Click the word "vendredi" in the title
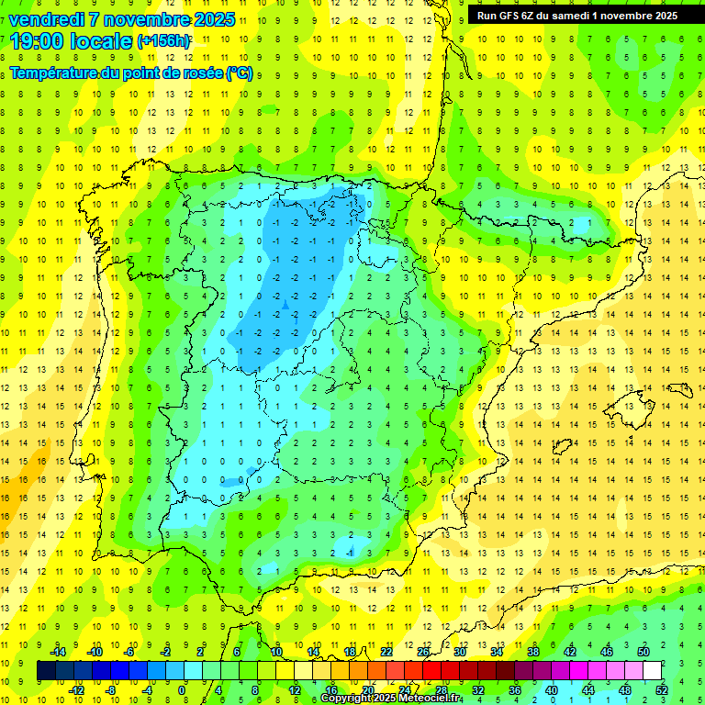pyautogui.click(x=46, y=19)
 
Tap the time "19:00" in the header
pyautogui.click(x=38, y=41)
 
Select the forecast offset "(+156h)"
pyautogui.click(x=164, y=41)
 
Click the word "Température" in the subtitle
pyautogui.click(x=55, y=73)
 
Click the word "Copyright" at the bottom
pyautogui.click(x=348, y=699)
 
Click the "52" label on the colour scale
pyautogui.click(x=661, y=689)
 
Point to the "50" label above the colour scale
pyautogui.click(x=643, y=652)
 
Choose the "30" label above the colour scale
pyautogui.click(x=459, y=652)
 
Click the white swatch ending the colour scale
pyautogui.click(x=652, y=670)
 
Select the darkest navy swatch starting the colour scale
pyautogui.click(x=46, y=670)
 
